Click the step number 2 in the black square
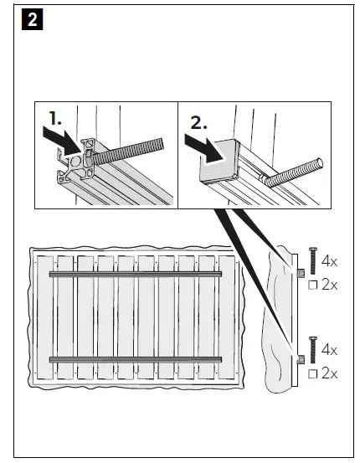click(32, 19)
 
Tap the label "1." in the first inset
click(55, 118)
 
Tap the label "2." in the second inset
click(198, 122)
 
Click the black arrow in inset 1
click(63, 141)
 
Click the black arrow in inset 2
click(205, 147)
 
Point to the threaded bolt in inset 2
click(293, 172)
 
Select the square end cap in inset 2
click(219, 162)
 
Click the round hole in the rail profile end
click(75, 162)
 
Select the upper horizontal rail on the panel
click(136, 275)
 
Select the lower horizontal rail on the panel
click(136, 359)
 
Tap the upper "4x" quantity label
click(329, 261)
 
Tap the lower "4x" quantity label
click(329, 350)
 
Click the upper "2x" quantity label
click(330, 285)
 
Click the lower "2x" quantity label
click(330, 373)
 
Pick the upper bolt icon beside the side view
click(313, 261)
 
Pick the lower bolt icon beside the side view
click(313, 350)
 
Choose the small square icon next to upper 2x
click(313, 285)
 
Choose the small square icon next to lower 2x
click(313, 374)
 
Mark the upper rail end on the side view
click(301, 273)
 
